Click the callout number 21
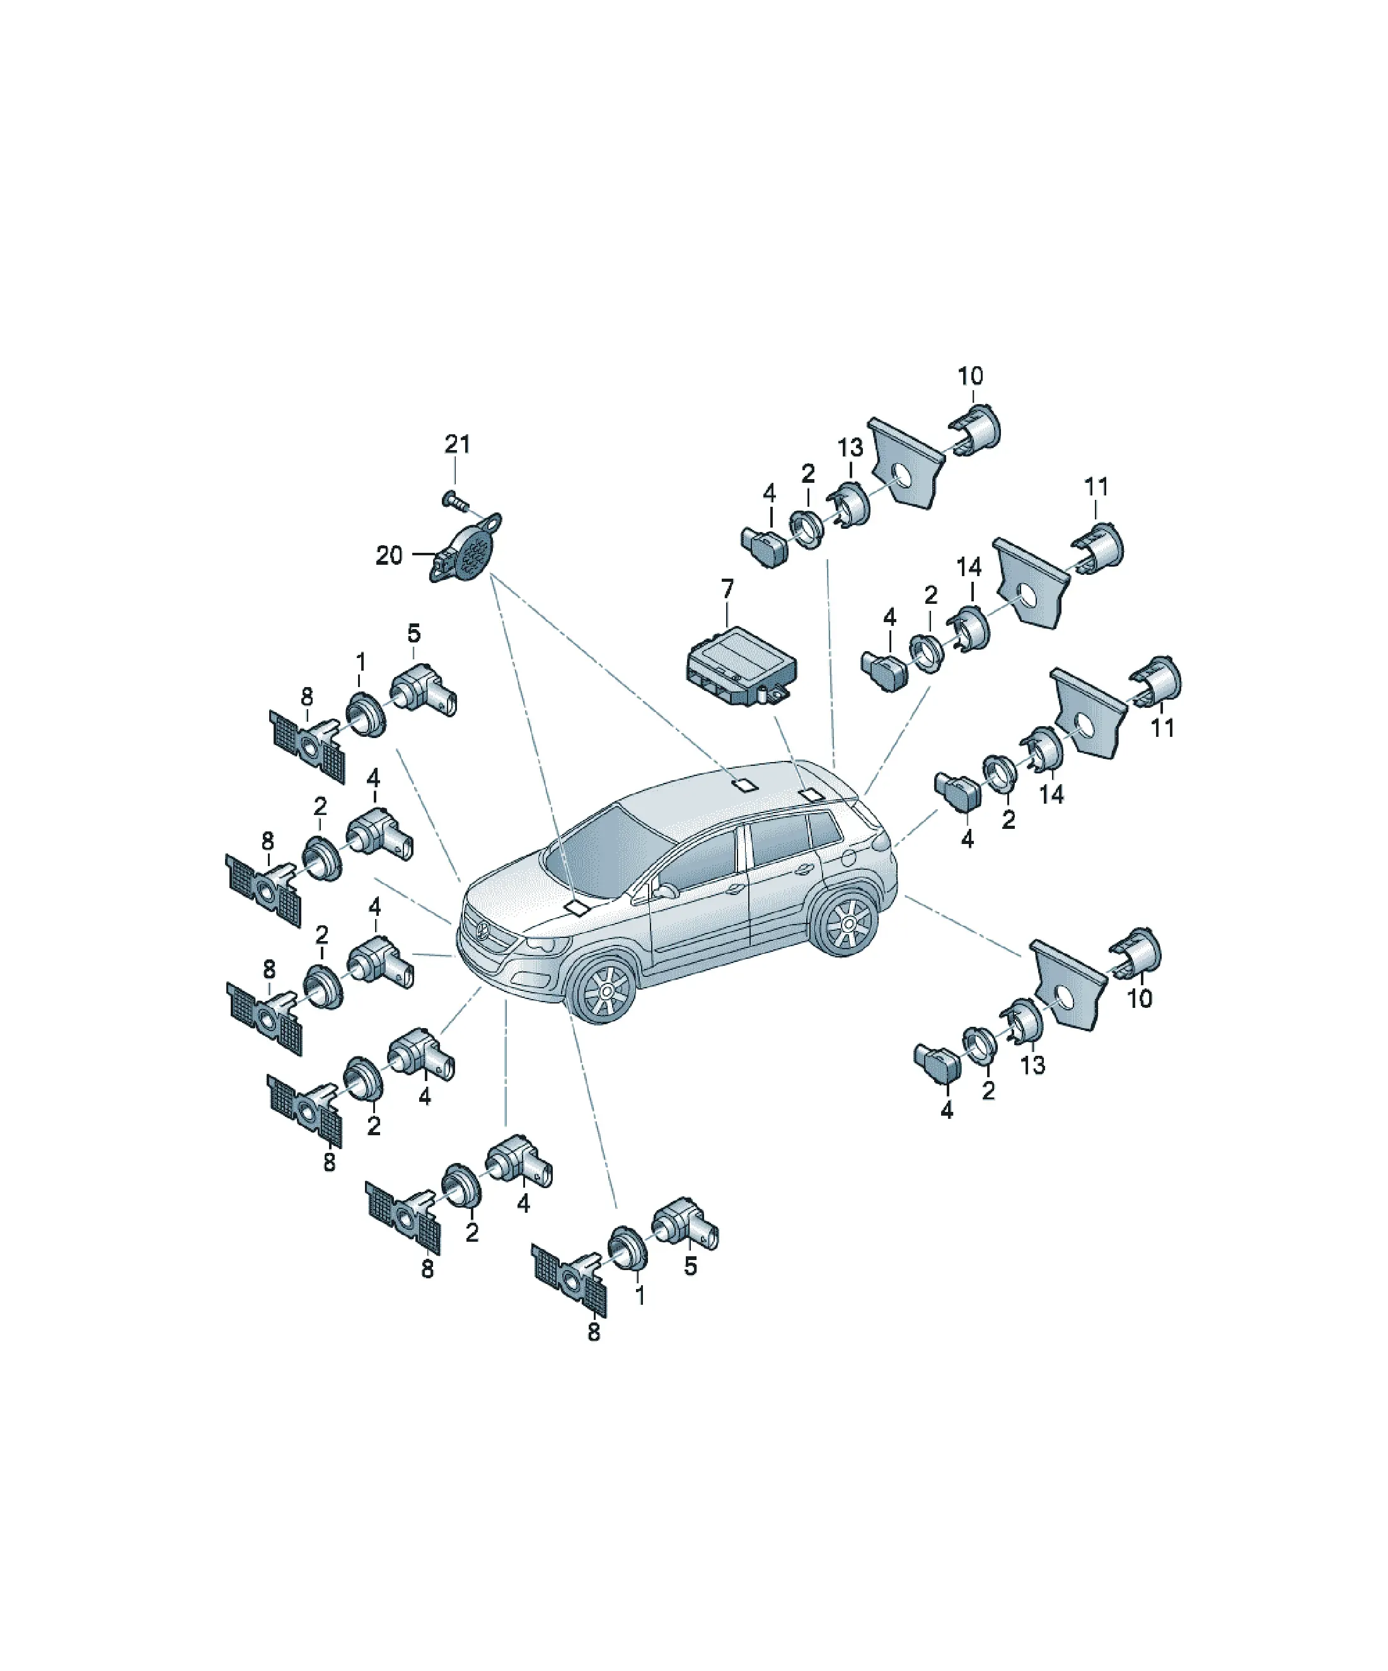(457, 444)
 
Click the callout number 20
(389, 555)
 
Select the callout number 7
(727, 589)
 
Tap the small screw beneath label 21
(454, 500)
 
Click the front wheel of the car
(607, 989)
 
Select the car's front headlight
(548, 944)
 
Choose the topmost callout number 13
(850, 448)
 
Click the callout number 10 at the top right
(970, 376)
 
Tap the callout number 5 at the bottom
(690, 1266)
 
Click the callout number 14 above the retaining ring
(969, 568)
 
